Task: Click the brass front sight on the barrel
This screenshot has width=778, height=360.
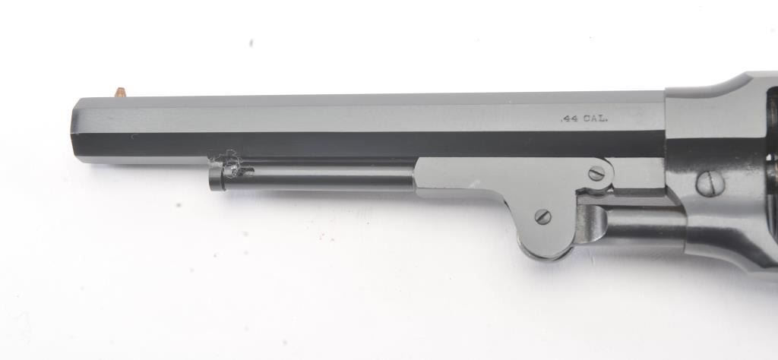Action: [121, 92]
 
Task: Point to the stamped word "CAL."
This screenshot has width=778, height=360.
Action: [595, 119]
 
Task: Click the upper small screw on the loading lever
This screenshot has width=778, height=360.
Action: [596, 174]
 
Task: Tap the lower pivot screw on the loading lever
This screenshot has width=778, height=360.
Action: [542, 216]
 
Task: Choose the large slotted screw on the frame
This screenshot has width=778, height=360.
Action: [710, 184]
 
